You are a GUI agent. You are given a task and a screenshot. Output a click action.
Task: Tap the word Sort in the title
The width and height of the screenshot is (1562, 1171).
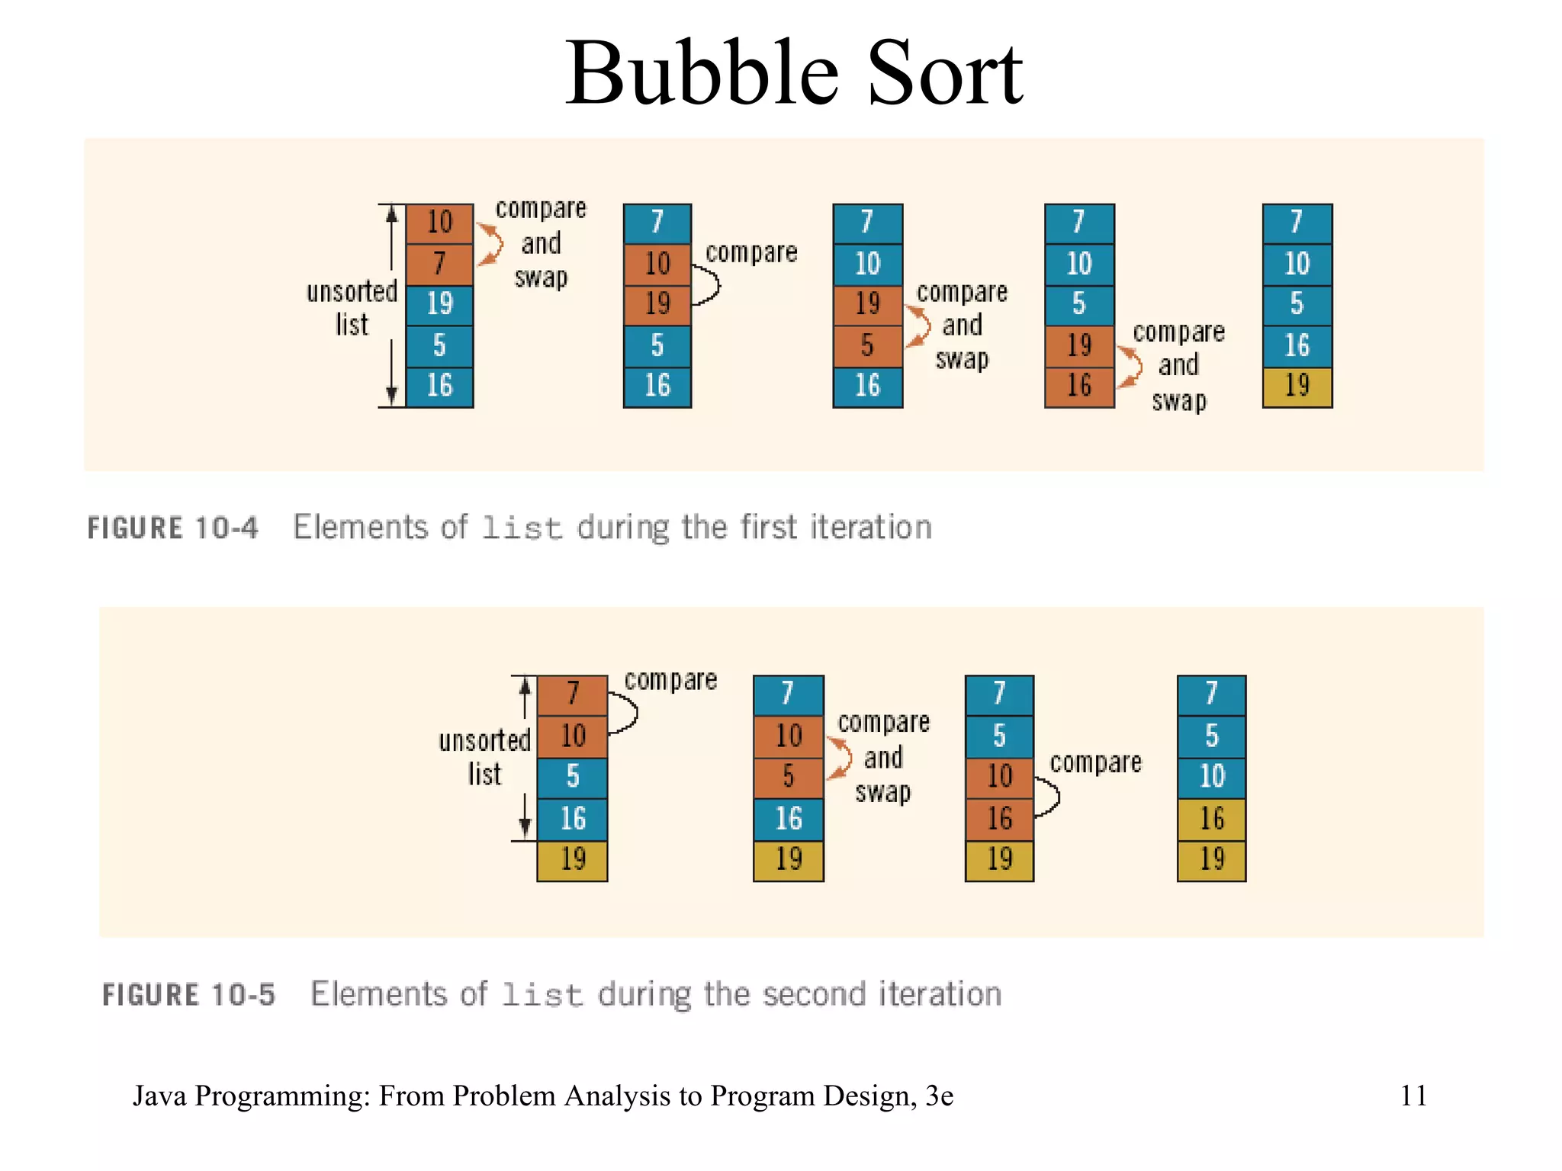point(946,74)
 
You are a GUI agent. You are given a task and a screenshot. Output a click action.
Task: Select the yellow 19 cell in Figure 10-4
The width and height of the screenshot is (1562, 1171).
point(1297,387)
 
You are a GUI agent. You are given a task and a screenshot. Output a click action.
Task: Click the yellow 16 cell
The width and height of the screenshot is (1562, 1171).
point(1211,820)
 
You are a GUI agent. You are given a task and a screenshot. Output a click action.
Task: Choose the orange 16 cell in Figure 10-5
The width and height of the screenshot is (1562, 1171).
point(999,820)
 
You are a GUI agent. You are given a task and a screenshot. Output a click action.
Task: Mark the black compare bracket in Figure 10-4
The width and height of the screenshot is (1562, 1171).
point(708,284)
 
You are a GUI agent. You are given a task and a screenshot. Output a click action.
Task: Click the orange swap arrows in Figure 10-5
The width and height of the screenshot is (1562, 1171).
point(840,758)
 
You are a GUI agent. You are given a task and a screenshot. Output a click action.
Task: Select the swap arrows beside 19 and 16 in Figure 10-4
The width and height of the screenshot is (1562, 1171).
point(1130,367)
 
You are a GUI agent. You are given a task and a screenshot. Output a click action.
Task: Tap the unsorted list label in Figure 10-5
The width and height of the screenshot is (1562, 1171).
point(484,757)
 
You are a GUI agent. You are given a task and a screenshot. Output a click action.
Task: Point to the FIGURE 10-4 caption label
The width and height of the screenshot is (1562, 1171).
point(172,528)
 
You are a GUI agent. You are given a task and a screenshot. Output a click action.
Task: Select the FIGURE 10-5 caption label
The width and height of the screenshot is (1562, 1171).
point(188,995)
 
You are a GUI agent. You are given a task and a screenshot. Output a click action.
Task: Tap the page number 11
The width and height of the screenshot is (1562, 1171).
point(1413,1096)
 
